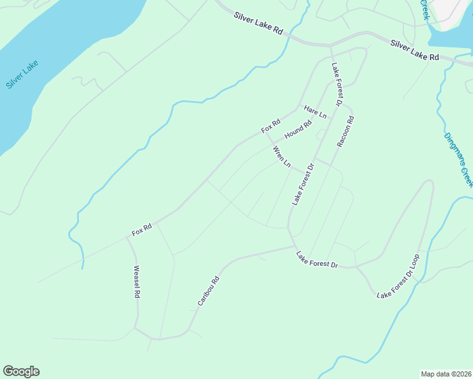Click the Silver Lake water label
[22, 75]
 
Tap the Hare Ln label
[314, 112]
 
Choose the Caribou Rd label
[208, 291]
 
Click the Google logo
[21, 371]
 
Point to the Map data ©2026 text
[446, 373]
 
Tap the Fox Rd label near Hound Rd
[270, 126]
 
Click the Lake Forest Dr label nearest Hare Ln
[336, 84]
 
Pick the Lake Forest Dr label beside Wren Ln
[303, 184]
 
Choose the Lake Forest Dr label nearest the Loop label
[317, 260]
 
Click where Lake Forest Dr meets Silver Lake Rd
[330, 46]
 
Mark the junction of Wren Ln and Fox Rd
[265, 133]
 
